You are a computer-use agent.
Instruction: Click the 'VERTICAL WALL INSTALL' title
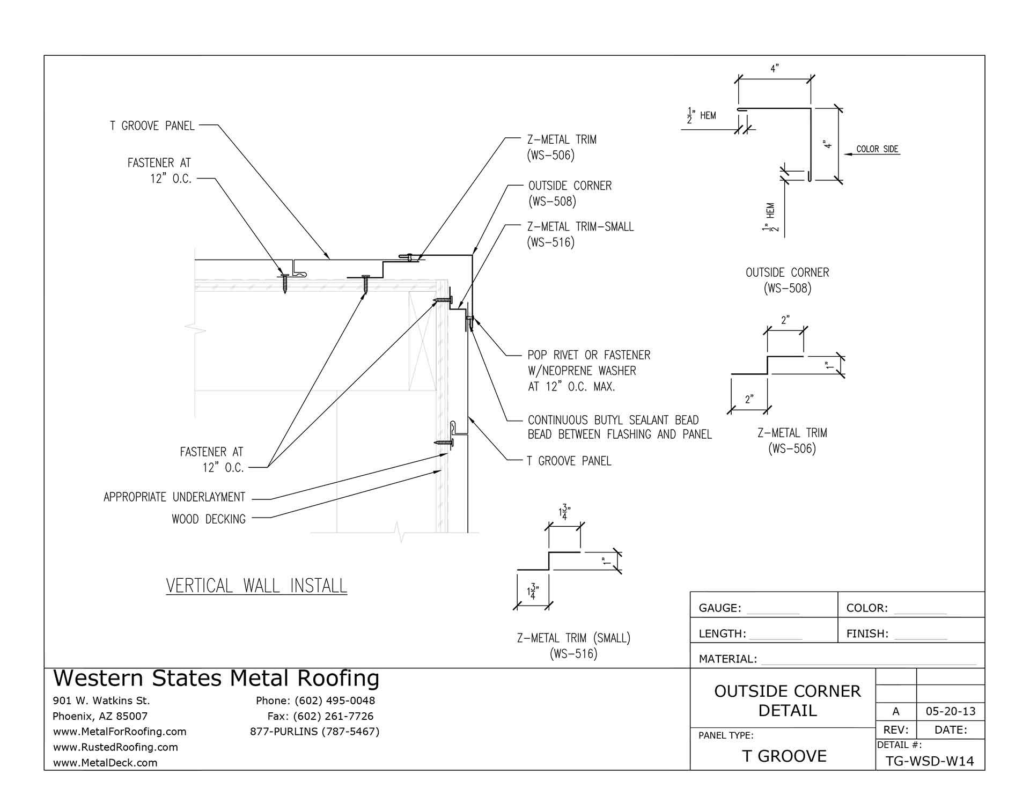256,585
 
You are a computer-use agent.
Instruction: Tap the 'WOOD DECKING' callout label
208,519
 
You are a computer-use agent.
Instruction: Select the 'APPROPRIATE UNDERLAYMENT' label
174,497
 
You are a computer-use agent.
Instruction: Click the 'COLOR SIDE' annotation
877,149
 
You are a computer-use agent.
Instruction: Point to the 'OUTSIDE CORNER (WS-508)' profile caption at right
787,280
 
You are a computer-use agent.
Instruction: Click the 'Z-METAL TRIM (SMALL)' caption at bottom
573,645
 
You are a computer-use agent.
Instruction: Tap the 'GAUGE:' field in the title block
719,608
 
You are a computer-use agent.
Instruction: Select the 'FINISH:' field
867,634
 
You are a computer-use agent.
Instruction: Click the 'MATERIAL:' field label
727,659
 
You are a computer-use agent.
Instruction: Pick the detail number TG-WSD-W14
930,762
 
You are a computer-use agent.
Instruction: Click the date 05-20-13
951,712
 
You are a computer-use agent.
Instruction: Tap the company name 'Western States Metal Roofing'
216,679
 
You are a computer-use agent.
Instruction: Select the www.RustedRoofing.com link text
115,747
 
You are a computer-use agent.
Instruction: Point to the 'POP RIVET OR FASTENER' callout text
588,355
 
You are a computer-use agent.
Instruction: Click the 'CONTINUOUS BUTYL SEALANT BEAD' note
613,421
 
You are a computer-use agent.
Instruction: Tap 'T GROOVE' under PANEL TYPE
784,756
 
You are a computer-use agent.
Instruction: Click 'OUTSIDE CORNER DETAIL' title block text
787,701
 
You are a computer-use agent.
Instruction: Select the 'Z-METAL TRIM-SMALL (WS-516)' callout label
579,234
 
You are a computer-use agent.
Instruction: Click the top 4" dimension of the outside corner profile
774,69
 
